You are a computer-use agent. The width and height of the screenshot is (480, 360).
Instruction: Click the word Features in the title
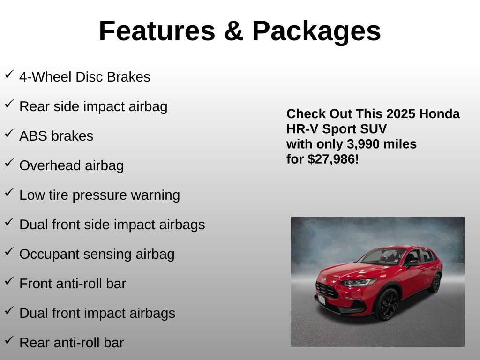pyautogui.click(x=157, y=31)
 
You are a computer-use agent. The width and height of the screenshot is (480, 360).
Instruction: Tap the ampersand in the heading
pyautogui.click(x=233, y=31)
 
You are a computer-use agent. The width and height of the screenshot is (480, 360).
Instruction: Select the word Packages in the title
pyautogui.click(x=316, y=32)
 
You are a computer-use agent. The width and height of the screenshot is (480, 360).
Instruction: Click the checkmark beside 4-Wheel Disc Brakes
pyautogui.click(x=9, y=75)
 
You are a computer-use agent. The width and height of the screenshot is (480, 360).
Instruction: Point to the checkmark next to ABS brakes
pyautogui.click(x=9, y=134)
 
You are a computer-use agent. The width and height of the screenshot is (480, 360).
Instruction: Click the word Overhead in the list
pyautogui.click(x=50, y=165)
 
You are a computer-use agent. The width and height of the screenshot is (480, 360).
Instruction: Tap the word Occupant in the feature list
pyautogui.click(x=49, y=255)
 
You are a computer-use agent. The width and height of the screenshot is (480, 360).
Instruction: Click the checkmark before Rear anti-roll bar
pyautogui.click(x=9, y=340)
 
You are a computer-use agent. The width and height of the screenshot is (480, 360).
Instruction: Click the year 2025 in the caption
pyautogui.click(x=397, y=114)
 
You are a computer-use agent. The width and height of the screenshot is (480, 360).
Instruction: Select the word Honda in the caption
pyautogui.click(x=439, y=114)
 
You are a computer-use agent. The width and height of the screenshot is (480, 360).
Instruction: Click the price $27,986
pyautogui.click(x=331, y=159)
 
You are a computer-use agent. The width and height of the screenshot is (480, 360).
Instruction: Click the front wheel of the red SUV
pyautogui.click(x=387, y=305)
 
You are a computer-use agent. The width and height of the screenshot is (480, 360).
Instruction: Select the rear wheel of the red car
pyautogui.click(x=435, y=283)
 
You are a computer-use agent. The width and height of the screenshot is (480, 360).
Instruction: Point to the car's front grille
pyautogui.click(x=327, y=290)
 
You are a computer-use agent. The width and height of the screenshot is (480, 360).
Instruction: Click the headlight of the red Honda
pyautogui.click(x=359, y=282)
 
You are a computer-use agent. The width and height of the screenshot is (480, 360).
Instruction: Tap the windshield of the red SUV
pyautogui.click(x=382, y=256)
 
